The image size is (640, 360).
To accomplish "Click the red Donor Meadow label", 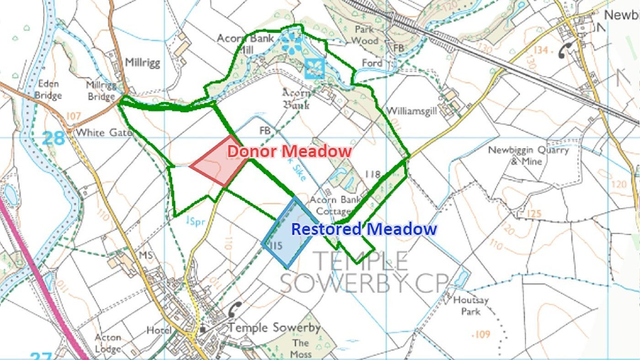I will point(290,151).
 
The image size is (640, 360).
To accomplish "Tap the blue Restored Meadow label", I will point(364,229).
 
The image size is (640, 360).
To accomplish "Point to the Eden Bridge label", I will point(49,90).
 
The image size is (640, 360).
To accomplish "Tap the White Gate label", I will point(104,132).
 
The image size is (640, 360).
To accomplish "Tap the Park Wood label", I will point(365,35).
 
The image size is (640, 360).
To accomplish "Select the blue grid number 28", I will point(53,138).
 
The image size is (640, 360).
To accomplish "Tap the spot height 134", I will point(547,50).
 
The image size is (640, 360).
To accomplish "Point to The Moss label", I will point(301,348).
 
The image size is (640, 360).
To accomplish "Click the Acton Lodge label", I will point(108,343).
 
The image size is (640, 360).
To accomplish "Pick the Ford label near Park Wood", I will point(372,63).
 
